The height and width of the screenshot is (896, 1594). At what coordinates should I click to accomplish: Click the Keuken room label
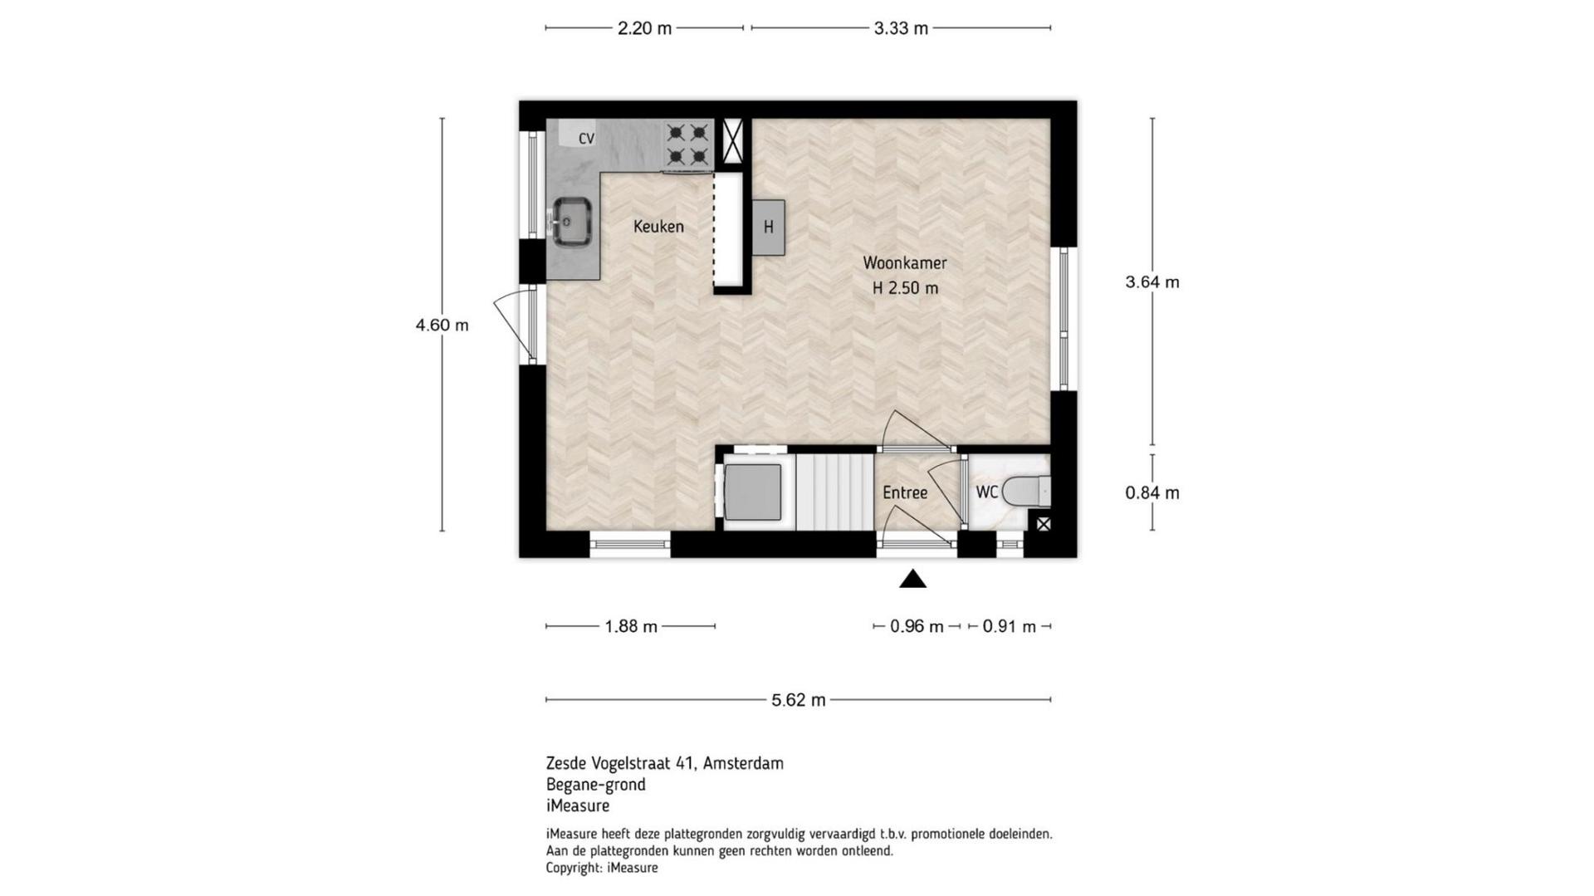tap(658, 227)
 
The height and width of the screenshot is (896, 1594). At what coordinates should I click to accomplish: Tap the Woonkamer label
tap(905, 263)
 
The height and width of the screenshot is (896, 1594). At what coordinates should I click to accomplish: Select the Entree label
tap(905, 493)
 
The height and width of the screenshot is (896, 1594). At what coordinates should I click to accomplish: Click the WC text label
tap(987, 492)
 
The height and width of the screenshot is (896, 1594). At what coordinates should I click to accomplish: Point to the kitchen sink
tap(572, 222)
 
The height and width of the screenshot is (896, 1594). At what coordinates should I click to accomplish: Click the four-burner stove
tap(688, 145)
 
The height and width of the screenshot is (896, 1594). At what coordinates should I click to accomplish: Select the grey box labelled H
tap(769, 228)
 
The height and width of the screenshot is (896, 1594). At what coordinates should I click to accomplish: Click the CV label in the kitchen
tap(587, 139)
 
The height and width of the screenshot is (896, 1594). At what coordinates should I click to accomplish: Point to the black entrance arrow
tap(913, 579)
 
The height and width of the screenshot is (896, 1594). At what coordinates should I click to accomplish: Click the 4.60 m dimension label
tap(443, 326)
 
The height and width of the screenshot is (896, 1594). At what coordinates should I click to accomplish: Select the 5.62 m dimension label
tap(799, 700)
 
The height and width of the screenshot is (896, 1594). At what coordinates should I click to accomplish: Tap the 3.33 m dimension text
tap(901, 28)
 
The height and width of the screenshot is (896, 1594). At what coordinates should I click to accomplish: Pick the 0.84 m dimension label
tap(1152, 493)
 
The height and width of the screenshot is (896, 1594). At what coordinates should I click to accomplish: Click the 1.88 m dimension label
tap(631, 627)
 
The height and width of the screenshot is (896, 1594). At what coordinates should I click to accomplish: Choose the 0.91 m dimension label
tap(1010, 627)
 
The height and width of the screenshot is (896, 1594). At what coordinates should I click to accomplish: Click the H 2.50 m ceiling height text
tap(905, 289)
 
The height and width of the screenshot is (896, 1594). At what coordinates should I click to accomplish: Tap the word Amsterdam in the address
tap(743, 763)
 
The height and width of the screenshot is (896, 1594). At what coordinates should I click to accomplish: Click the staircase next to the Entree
tap(835, 492)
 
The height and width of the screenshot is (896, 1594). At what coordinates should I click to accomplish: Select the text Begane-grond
tap(595, 785)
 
